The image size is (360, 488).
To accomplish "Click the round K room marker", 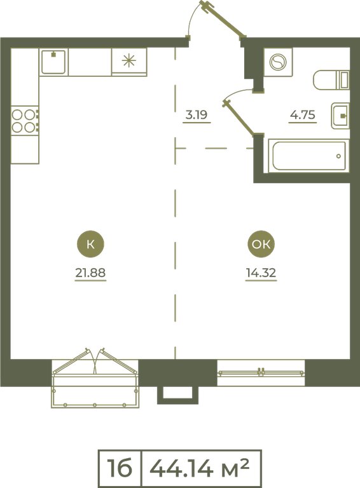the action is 90,244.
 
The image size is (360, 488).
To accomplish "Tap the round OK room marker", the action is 261,244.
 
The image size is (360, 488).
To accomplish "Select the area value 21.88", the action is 90,273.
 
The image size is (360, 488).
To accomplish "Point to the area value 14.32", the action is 261,273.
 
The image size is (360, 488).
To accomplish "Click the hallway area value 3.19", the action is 197,115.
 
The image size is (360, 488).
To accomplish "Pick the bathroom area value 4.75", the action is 302,115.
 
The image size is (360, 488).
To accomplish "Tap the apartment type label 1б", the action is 120,468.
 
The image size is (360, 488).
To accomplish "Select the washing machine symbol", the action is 278,62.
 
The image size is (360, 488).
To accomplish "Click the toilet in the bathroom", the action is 331,80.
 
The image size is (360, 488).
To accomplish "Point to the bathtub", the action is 308,156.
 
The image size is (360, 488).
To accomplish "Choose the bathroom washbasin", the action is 340,116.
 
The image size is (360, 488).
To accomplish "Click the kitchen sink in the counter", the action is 53,62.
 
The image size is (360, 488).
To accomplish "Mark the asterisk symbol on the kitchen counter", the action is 129,60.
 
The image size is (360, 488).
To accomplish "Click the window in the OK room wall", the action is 261,372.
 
